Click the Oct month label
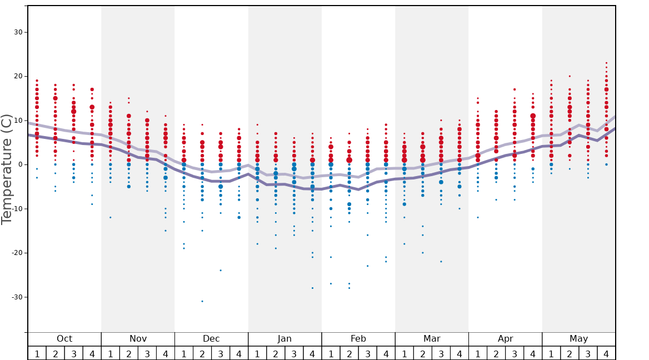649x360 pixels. tap(64, 339)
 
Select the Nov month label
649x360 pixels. tap(138, 339)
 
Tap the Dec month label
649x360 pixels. tap(211, 339)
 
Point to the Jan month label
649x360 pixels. tap(284, 339)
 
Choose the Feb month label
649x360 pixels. tap(358, 339)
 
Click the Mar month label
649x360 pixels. tap(432, 339)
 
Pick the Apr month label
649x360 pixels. tap(505, 339)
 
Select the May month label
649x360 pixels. tap(578, 339)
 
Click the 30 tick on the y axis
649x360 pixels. tap(18, 32)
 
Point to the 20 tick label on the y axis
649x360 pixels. tap(18, 76)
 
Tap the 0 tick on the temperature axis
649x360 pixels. tap(21, 164)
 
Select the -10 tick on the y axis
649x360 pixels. tap(17, 209)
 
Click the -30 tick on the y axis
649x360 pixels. tap(17, 297)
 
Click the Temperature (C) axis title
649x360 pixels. tap(7, 169)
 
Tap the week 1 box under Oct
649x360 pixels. tap(37, 353)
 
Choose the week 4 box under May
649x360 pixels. tap(606, 353)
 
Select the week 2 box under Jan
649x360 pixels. tap(276, 353)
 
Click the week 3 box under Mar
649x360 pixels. tap(441, 353)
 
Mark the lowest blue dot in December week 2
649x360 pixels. tap(202, 301)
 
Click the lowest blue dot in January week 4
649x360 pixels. tap(312, 288)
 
